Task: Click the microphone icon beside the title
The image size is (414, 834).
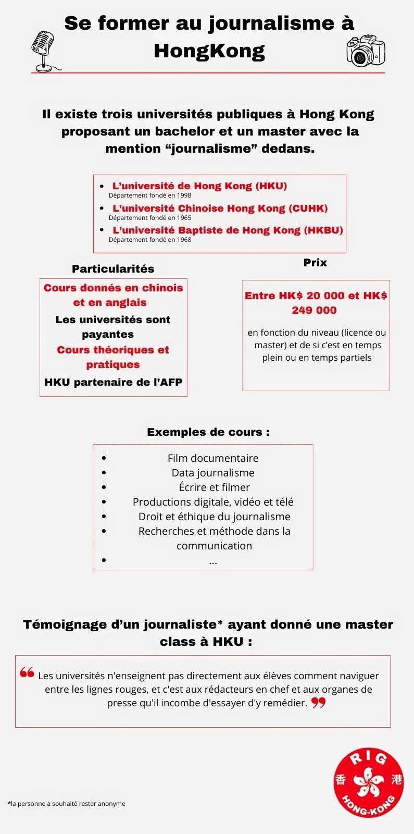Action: [43, 50]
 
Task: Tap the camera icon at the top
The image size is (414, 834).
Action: [366, 50]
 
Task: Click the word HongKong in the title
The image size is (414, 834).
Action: [209, 51]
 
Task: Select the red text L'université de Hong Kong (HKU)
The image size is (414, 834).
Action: [199, 186]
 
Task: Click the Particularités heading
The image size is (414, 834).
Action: [113, 269]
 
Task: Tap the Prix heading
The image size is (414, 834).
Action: [315, 262]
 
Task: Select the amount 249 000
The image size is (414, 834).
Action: [314, 310]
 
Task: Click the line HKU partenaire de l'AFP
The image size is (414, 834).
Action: [113, 382]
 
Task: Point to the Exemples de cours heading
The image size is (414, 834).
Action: [208, 432]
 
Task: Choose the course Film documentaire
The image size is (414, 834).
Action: [213, 458]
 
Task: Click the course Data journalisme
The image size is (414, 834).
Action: [213, 473]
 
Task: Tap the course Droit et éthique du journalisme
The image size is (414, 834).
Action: [214, 517]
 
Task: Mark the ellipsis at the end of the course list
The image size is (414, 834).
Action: [213, 561]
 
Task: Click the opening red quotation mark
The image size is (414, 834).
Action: [27, 672]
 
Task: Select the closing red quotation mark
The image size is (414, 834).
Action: [318, 704]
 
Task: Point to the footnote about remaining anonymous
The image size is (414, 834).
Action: [66, 803]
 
